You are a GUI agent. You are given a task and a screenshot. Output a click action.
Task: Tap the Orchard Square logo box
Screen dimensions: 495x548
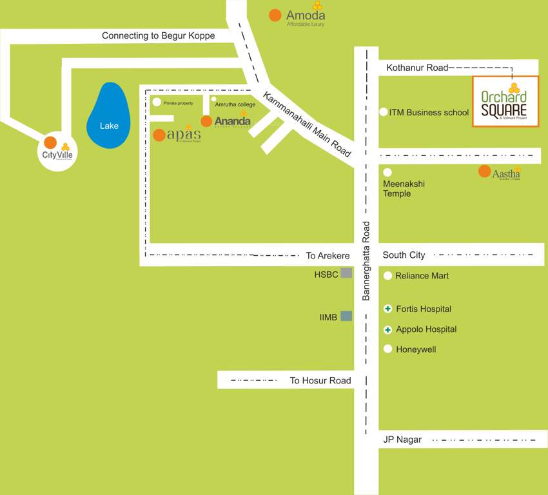coord(505,101)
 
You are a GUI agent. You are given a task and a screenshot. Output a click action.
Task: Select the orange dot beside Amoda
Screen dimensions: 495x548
coord(275,15)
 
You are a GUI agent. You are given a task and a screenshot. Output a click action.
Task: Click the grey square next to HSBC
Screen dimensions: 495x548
coord(346,273)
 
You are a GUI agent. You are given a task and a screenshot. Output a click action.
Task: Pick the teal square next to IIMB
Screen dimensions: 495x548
coord(346,316)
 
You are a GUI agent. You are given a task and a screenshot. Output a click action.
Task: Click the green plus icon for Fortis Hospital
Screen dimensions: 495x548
coord(388,309)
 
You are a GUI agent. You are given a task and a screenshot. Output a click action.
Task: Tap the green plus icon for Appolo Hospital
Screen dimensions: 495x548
coord(388,329)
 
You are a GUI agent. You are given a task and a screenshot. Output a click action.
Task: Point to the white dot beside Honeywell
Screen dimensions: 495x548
coord(388,349)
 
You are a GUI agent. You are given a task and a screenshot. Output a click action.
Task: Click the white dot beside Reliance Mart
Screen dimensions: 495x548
coord(388,276)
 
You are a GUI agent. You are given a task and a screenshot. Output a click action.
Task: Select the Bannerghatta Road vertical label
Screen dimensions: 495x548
coord(366,261)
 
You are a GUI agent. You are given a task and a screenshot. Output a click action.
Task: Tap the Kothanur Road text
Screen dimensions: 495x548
coord(416,68)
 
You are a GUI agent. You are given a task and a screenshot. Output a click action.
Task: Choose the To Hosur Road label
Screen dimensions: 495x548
coord(320,380)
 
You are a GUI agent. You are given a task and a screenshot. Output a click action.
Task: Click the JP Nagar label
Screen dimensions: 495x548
coord(402,440)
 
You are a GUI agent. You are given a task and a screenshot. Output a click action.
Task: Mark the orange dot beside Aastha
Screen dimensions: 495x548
coord(484,171)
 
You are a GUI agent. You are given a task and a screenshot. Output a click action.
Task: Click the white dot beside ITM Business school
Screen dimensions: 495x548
coord(384,112)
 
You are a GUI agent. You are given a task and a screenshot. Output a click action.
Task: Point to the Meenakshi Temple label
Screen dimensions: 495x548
coord(404,189)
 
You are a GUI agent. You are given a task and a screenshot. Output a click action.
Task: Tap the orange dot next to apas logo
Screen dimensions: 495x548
coord(159,135)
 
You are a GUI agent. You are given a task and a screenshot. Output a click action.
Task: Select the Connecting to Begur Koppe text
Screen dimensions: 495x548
coord(158,36)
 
